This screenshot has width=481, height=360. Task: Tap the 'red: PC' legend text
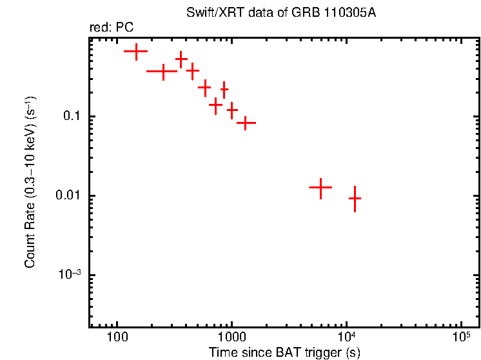point(112,28)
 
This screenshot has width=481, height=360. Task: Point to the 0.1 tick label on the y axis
point(69,117)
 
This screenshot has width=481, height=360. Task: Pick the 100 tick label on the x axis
point(117,338)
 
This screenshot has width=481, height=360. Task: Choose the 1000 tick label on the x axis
point(231,338)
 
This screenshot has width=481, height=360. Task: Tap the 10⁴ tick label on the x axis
point(346,337)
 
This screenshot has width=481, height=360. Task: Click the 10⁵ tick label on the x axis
point(460,337)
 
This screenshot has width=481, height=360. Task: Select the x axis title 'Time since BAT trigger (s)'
point(284,352)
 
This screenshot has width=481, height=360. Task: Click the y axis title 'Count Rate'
point(30,182)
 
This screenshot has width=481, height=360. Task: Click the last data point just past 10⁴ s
point(355,199)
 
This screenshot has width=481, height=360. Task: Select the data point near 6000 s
point(320,187)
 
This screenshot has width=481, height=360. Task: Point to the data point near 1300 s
point(246,122)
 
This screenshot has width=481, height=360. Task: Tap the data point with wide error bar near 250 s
point(163,71)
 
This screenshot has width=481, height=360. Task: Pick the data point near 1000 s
point(232,110)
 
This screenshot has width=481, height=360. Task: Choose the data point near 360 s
point(181,59)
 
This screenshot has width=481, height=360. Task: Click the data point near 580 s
point(205,86)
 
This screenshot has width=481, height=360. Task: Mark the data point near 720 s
point(216,103)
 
